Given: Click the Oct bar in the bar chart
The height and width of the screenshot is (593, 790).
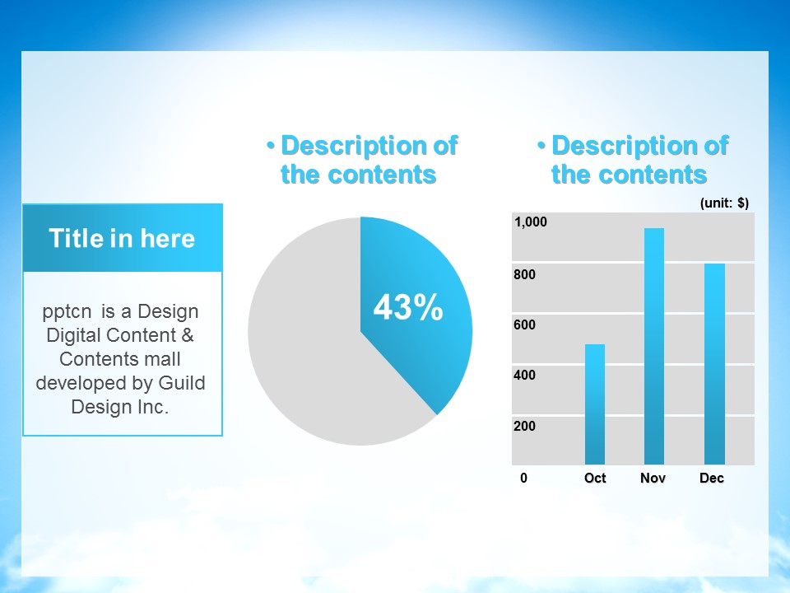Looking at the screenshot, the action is click(594, 404).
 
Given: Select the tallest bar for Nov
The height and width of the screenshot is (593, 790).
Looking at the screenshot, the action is click(654, 347).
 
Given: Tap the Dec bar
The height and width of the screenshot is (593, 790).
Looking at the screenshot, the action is click(714, 364).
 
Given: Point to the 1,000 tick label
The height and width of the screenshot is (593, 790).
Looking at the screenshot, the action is click(531, 222).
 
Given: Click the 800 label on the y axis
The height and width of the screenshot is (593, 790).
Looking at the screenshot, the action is click(524, 274).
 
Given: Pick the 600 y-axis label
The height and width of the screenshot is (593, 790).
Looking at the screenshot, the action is click(524, 325).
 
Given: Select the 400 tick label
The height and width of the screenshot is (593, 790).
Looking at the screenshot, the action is click(524, 376).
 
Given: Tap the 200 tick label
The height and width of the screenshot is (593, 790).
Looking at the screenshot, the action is click(524, 426).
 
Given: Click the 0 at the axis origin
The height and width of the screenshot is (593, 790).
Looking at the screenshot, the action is click(524, 478).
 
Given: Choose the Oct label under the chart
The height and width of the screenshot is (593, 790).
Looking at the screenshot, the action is click(595, 478).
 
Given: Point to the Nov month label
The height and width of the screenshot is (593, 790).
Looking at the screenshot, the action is click(653, 478).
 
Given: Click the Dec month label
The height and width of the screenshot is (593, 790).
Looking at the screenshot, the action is click(712, 478).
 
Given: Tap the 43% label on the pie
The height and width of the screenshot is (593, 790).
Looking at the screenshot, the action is click(408, 307).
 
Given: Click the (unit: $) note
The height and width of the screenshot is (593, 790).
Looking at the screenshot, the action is click(724, 203).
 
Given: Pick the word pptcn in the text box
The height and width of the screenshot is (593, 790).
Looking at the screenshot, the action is click(67, 311).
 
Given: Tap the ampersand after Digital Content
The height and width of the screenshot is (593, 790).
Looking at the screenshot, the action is click(188, 335).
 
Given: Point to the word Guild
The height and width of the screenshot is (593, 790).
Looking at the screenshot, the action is click(182, 383).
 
